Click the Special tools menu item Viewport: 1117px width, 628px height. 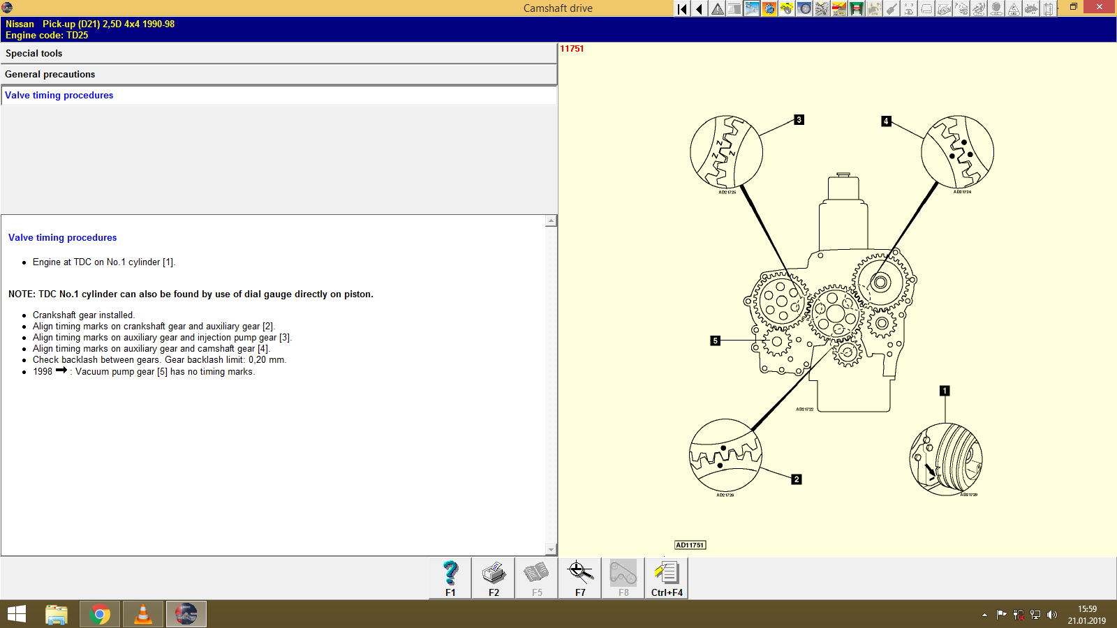pyautogui.click(x=34, y=54)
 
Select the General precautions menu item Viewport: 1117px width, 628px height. pyautogui.click(x=50, y=75)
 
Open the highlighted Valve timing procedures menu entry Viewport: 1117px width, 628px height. pyautogui.click(x=59, y=96)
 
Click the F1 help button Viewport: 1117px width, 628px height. pyautogui.click(x=450, y=578)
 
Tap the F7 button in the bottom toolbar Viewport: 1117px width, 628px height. pyautogui.click(x=580, y=578)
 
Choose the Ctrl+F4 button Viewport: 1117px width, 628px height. pyautogui.click(x=667, y=578)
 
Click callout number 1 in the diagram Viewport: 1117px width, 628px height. pyautogui.click(x=945, y=391)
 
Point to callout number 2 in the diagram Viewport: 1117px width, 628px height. pyautogui.click(x=797, y=479)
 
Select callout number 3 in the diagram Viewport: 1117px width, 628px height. pyautogui.click(x=799, y=120)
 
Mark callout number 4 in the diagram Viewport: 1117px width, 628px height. pyautogui.click(x=886, y=121)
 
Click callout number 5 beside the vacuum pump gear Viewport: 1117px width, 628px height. pyautogui.click(x=715, y=341)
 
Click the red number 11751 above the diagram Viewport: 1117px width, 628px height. pyautogui.click(x=572, y=49)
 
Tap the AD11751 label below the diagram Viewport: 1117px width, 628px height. pyautogui.click(x=690, y=545)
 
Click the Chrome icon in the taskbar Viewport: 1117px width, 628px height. pyautogui.click(x=100, y=614)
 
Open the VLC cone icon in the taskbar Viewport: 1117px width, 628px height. pyautogui.click(x=143, y=614)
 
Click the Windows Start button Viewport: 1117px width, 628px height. pyautogui.click(x=16, y=614)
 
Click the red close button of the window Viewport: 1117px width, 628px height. pyautogui.click(x=1100, y=7)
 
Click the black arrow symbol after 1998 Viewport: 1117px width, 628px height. pyautogui.click(x=61, y=371)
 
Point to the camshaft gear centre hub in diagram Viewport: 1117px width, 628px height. pyautogui.click(x=880, y=283)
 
